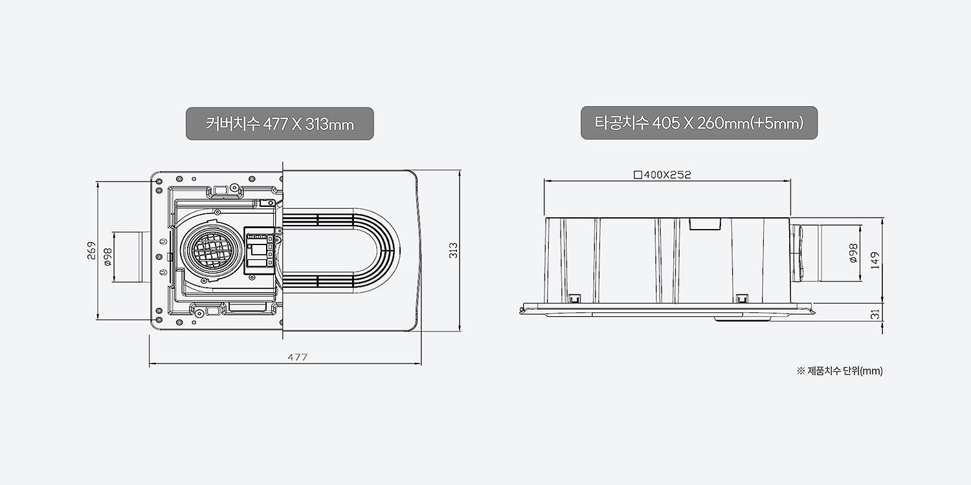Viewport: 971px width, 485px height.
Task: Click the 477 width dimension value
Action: tap(297, 357)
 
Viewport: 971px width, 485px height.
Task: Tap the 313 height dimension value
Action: tap(453, 251)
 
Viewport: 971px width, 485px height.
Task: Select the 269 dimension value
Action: tap(91, 251)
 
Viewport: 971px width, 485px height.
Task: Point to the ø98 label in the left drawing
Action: tap(108, 257)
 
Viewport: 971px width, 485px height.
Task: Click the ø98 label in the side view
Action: tap(853, 253)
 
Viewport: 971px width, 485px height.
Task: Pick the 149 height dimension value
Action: tap(875, 261)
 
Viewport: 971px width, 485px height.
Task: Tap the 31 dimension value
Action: tap(875, 314)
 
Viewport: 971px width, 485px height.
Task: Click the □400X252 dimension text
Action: tap(662, 175)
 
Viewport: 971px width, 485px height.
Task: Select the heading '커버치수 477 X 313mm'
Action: tap(280, 124)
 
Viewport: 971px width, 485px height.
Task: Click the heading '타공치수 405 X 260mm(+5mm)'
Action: tap(698, 123)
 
